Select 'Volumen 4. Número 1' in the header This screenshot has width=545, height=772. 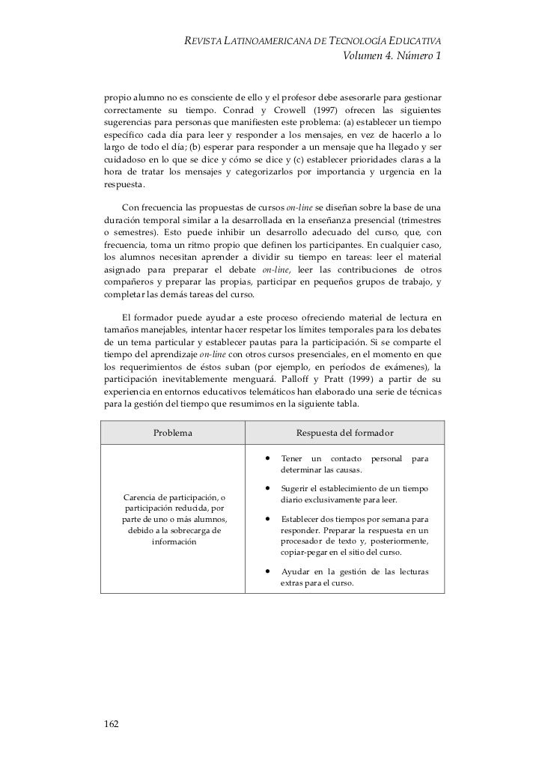tap(392, 56)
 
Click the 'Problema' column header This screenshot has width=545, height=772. tap(173, 433)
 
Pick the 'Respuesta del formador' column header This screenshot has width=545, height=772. tap(345, 433)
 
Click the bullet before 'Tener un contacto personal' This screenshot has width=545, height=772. tap(266, 458)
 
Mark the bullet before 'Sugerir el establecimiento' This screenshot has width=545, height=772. tap(266, 488)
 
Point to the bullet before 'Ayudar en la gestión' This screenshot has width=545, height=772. tap(266, 572)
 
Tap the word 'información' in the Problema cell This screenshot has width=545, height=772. tap(174, 541)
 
